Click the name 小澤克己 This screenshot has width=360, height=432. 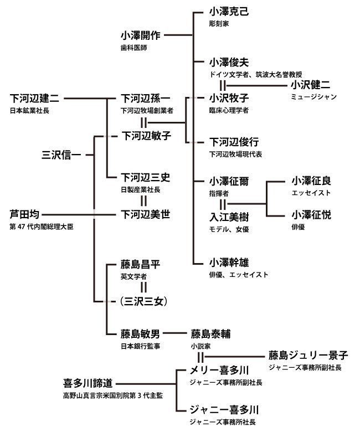pyautogui.click(x=229, y=12)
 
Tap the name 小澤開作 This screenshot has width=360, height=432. pyautogui.click(x=141, y=35)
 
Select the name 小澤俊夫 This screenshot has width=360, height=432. pyautogui.click(x=229, y=62)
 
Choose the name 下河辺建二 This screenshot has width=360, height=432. pyautogui.click(x=35, y=99)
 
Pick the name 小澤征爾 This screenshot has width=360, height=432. pyautogui.click(x=229, y=181)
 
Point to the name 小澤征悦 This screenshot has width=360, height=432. pyautogui.click(x=311, y=215)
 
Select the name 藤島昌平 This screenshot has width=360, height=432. pyautogui.click(x=141, y=263)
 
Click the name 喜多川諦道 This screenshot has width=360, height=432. pyautogui.click(x=89, y=383)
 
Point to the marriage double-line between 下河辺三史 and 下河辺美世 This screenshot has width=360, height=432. pyautogui.click(x=143, y=201)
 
